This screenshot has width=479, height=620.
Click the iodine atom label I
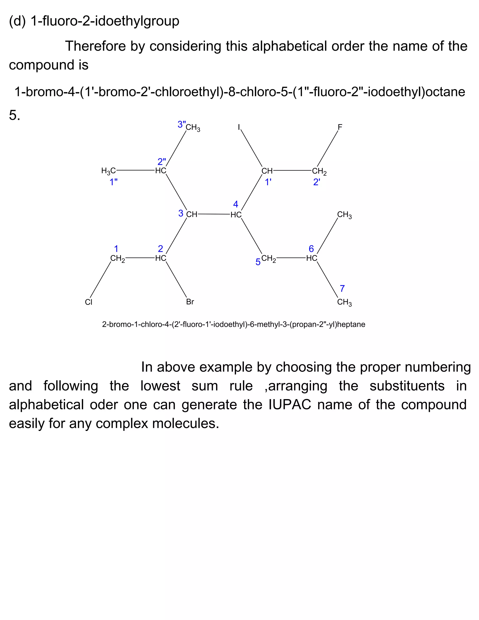coord(239,127)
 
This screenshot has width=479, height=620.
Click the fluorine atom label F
coord(340,127)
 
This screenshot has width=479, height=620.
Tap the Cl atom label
coord(89,302)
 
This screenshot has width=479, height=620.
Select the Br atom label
coord(190,302)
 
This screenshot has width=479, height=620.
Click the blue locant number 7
coord(342,288)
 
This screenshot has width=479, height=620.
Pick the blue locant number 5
coord(258,262)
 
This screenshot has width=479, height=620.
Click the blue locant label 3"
coord(181,124)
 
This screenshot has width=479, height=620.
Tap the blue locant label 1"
coord(113,182)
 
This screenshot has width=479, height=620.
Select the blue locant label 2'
coord(317,182)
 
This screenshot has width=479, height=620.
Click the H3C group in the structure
coord(108,171)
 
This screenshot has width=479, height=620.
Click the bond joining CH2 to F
coord(327,148)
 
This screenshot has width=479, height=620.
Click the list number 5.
coord(15,115)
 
